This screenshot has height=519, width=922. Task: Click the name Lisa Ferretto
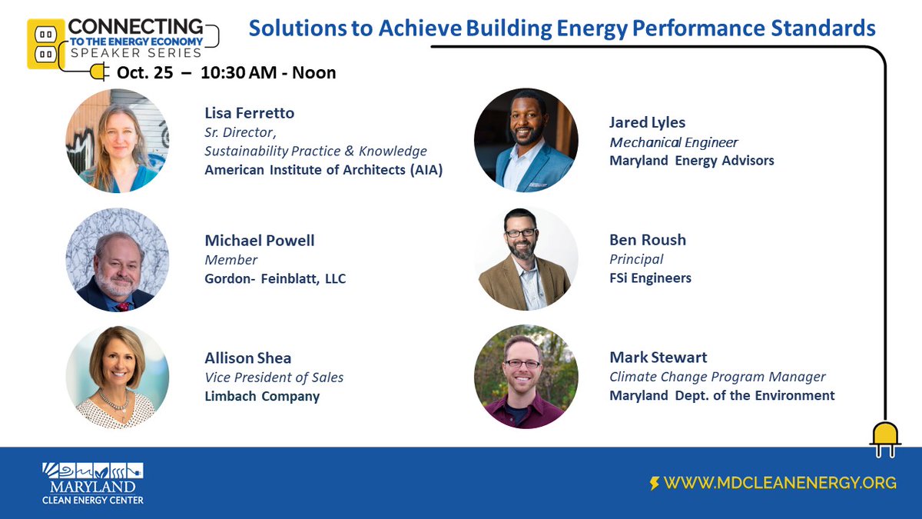(249, 113)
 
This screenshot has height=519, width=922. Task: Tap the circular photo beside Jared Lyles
(525, 140)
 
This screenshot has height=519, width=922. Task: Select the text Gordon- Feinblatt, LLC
(275, 278)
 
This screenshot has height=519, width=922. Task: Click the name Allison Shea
(247, 358)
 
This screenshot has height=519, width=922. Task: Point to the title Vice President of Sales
(274, 377)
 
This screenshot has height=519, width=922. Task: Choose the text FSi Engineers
(650, 278)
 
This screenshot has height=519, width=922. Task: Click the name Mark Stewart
(658, 357)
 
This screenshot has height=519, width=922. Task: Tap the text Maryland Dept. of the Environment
(721, 395)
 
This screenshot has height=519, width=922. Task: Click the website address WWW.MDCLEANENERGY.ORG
(780, 483)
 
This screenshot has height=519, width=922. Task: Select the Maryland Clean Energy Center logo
(93, 483)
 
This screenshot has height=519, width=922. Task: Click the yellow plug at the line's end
(885, 438)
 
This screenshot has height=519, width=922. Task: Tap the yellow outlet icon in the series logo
(45, 44)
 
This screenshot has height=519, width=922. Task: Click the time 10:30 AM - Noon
(268, 73)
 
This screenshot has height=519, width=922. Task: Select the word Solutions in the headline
(294, 28)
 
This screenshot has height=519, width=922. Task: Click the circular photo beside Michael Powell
(117, 259)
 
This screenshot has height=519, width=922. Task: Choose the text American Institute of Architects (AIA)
(323, 170)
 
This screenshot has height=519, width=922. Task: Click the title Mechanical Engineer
(673, 142)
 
